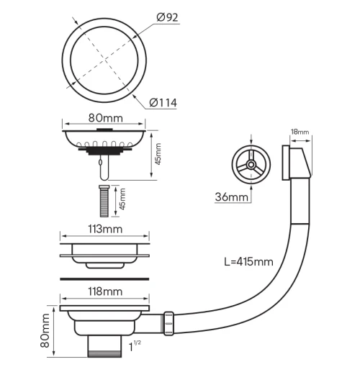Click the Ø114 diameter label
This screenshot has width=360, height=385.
pyautogui.click(x=163, y=104)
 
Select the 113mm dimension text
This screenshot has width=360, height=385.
pyautogui.click(x=105, y=229)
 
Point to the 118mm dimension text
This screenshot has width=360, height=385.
pyautogui.click(x=105, y=291)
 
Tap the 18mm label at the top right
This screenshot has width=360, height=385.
pyautogui.click(x=300, y=132)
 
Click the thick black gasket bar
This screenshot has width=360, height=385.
pyautogui.click(x=105, y=276)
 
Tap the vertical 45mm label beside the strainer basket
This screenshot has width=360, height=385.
pyautogui.click(x=158, y=153)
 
